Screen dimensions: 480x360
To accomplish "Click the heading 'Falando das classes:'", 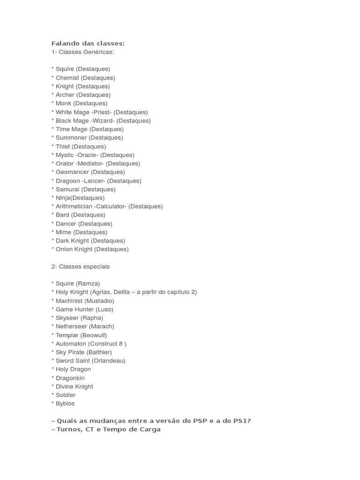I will click(88, 43).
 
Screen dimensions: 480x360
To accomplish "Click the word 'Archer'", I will click(65, 95).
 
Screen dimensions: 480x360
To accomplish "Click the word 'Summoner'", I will click(71, 137).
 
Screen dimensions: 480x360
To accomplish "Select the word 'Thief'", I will click(63, 146).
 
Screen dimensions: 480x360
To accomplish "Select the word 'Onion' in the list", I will click(64, 249).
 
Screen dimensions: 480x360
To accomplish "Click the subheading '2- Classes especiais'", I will click(81, 266).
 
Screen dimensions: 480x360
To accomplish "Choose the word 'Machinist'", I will click(69, 300).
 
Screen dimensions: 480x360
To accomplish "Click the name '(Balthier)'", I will click(99, 352).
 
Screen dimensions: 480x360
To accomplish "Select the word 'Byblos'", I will click(65, 403).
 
